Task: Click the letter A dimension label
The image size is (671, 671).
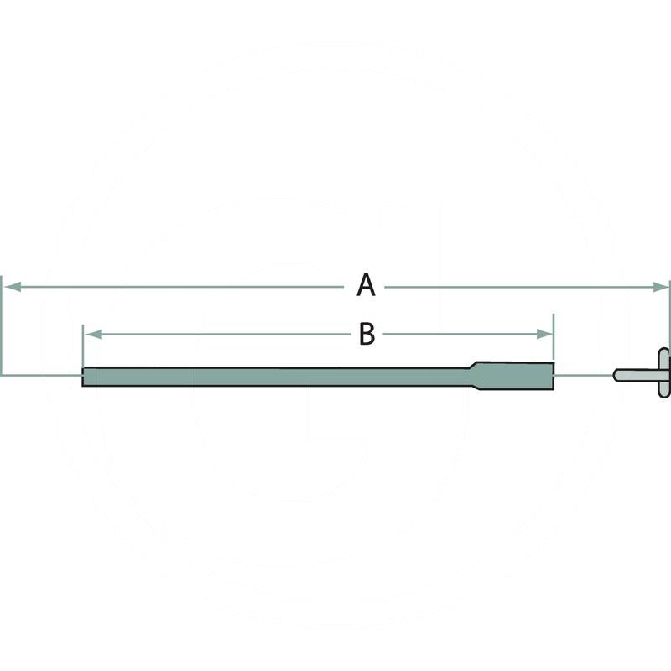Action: point(365,286)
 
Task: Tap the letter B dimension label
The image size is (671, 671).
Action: point(367,334)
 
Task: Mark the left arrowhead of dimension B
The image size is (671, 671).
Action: point(91,334)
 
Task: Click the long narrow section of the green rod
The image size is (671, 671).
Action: point(277,377)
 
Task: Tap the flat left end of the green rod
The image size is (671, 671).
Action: point(83,377)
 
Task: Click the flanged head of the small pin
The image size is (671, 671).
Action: point(664,372)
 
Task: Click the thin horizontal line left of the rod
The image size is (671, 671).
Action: point(42,375)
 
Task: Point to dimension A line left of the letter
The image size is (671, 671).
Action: point(176,287)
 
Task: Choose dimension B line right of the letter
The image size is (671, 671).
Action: point(461,334)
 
